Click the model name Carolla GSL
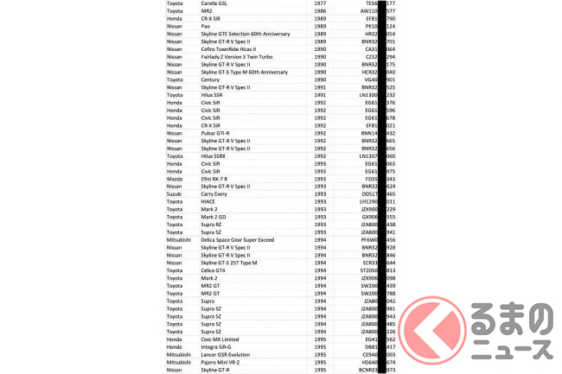coord(219,5)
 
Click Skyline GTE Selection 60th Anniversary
coord(245,35)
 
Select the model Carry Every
coord(219,193)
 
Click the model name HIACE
coord(211,200)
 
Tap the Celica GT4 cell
coord(217,269)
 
